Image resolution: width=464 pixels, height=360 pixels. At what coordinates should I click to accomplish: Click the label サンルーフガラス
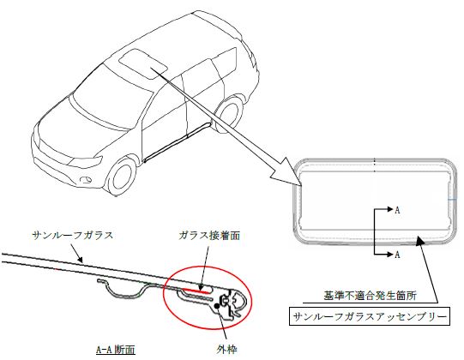click(x=73, y=236)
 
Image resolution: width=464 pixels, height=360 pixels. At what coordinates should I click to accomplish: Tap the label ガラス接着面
click(x=209, y=236)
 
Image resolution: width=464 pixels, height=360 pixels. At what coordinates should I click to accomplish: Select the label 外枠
click(x=226, y=350)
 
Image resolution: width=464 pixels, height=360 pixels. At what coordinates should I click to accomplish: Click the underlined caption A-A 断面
click(x=116, y=350)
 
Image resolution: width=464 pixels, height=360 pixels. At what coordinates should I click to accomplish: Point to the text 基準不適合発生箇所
click(x=370, y=296)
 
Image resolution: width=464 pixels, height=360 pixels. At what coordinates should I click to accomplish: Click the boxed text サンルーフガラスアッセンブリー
click(x=370, y=317)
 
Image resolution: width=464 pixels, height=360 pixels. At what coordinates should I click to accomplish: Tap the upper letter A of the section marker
click(x=397, y=210)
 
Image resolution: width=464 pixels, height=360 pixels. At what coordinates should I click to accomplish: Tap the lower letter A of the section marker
click(x=397, y=254)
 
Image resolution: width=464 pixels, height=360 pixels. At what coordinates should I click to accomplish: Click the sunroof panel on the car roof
click(x=143, y=63)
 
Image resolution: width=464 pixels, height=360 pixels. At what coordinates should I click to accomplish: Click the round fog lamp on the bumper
click(x=86, y=179)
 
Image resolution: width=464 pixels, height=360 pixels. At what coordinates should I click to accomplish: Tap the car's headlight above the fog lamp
click(x=85, y=162)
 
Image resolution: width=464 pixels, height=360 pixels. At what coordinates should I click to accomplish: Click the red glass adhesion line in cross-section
click(x=196, y=291)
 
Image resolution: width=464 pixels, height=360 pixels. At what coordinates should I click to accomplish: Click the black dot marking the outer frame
click(x=218, y=306)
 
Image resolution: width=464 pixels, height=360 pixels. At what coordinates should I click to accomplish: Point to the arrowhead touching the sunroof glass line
click(x=80, y=260)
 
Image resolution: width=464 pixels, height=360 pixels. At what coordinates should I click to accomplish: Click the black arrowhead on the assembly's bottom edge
click(x=420, y=240)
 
